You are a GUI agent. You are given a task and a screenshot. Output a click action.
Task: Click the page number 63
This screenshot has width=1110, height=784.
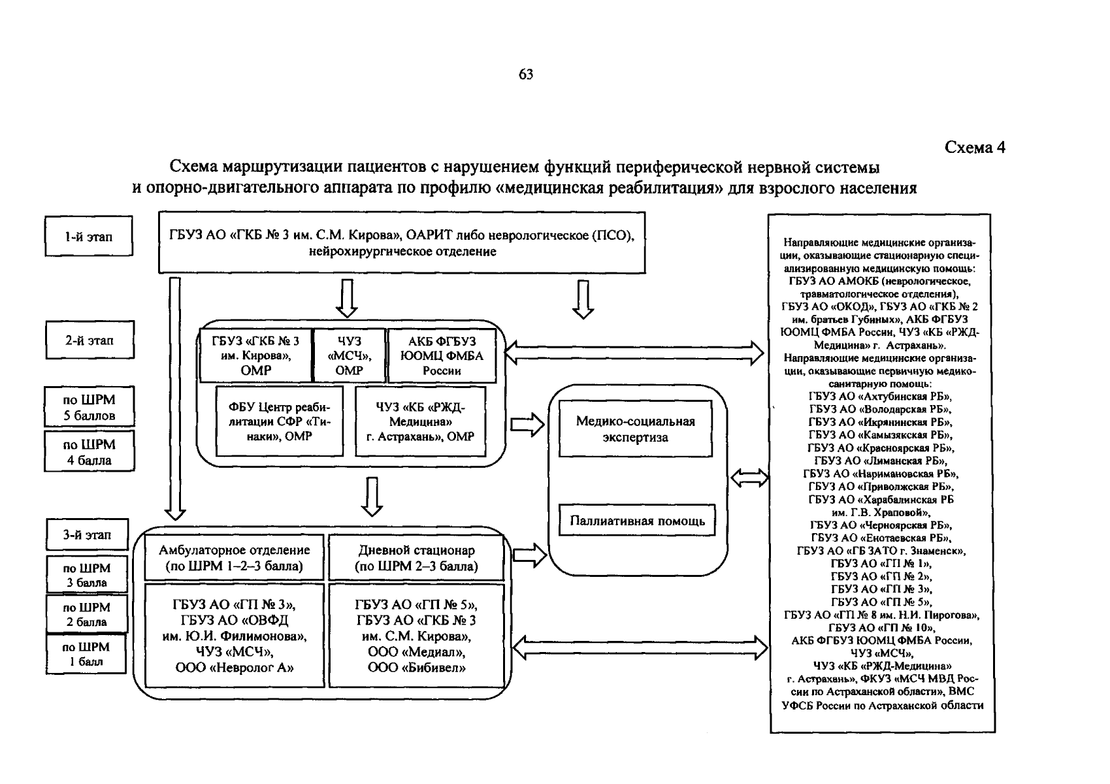[526, 74]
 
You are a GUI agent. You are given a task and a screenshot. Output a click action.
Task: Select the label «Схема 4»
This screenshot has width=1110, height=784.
[975, 148]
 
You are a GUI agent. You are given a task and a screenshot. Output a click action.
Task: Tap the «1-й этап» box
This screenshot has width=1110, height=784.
[89, 237]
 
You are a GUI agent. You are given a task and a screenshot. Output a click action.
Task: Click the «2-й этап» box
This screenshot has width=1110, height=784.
[90, 340]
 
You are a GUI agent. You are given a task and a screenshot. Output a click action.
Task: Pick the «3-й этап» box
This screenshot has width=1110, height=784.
[88, 535]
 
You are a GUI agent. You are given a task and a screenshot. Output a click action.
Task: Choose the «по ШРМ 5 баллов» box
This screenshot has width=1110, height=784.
[90, 407]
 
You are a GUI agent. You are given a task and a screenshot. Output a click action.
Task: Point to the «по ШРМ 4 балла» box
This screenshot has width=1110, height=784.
[90, 451]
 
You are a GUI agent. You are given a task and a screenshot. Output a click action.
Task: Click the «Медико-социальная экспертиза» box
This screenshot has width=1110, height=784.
[635, 429]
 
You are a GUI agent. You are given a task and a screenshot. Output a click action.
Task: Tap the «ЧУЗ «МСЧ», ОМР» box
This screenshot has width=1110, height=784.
[350, 355]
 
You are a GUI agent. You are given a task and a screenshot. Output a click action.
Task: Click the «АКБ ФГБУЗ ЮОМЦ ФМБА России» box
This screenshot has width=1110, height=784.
[442, 355]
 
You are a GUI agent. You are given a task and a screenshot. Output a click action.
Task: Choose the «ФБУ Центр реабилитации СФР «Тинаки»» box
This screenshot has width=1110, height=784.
[280, 421]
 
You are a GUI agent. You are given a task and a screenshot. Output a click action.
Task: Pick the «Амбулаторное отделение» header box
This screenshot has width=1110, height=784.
[235, 558]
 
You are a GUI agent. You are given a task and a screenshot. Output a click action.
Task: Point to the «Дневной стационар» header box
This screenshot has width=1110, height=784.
[417, 558]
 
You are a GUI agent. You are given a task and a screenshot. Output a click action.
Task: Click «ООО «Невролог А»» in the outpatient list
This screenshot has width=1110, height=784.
[235, 668]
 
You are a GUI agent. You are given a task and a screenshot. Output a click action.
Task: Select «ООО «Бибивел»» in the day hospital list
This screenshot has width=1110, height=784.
[417, 668]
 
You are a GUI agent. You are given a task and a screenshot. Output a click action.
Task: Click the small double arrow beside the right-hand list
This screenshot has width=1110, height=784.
[749, 478]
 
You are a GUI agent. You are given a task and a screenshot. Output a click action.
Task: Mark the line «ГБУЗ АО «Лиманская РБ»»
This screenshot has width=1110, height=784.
[880, 461]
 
